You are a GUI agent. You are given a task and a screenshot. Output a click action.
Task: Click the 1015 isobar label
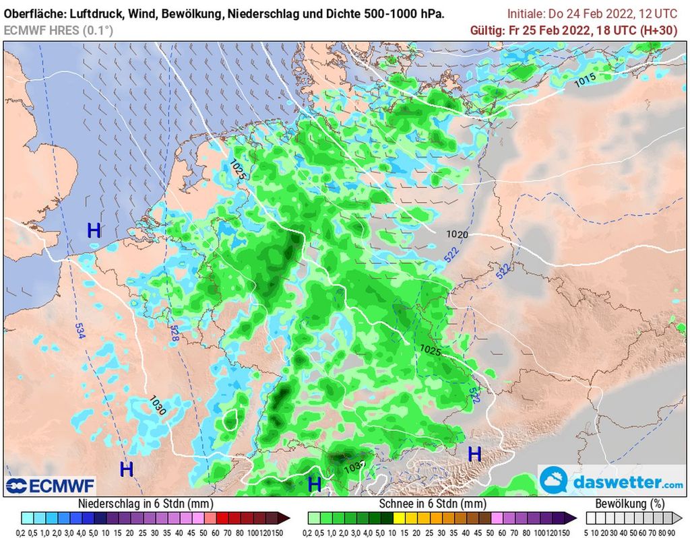[585, 80]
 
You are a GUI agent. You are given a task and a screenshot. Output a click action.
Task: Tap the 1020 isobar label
[457, 234]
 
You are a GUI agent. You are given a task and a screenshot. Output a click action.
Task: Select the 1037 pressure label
[354, 465]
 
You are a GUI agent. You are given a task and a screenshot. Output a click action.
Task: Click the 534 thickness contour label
[80, 331]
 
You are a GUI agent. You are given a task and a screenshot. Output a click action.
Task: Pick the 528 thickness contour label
[175, 333]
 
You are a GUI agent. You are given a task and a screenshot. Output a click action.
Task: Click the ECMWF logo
[51, 485]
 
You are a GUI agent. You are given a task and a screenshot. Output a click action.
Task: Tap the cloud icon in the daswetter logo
[555, 481]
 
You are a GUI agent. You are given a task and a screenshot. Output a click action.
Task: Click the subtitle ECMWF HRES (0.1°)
[59, 30]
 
